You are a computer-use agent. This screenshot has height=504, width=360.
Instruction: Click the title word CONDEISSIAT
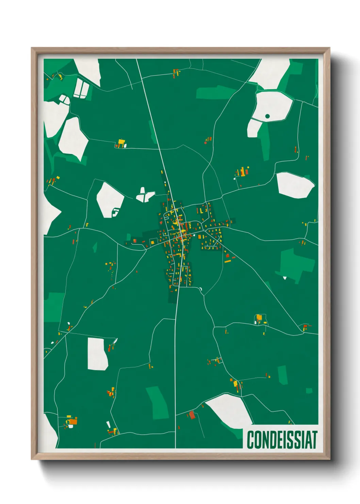(x=282, y=440)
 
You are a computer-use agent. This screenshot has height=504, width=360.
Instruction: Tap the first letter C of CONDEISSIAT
(x=250, y=440)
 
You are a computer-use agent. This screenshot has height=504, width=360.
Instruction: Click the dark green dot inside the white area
(x=267, y=116)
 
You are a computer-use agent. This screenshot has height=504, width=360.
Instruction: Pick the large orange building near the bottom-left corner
(x=73, y=422)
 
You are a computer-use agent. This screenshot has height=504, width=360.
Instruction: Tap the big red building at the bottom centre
(x=192, y=415)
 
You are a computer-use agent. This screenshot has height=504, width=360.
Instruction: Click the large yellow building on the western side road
(x=121, y=142)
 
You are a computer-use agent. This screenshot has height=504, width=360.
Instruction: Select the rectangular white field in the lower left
(x=97, y=353)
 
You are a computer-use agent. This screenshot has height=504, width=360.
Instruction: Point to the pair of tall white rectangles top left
(x=81, y=89)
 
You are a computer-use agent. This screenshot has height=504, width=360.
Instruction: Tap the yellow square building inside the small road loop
(x=259, y=317)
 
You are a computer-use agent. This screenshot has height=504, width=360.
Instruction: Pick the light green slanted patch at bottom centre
(x=157, y=403)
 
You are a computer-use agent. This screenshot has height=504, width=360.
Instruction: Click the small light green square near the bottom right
(x=309, y=391)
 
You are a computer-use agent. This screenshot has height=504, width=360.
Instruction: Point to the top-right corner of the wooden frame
(x=329, y=48)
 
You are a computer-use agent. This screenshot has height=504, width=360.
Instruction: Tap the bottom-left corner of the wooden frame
(x=32, y=459)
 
